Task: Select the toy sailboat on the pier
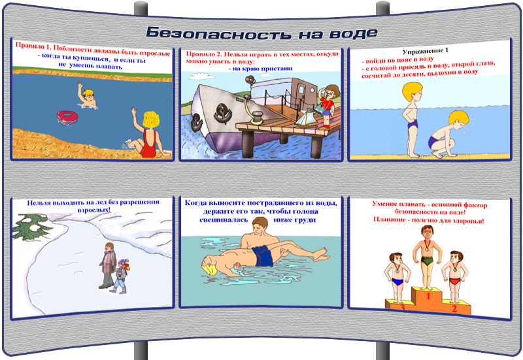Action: pyautogui.click(x=307, y=118)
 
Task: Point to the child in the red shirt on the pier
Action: pyautogui.click(x=328, y=106)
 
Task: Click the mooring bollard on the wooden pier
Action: pyautogui.click(x=257, y=118)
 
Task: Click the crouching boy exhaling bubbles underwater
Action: pyautogui.click(x=448, y=135)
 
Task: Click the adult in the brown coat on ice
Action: pyautogui.click(x=108, y=266)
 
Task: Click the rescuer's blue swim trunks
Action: pyautogui.click(x=263, y=255)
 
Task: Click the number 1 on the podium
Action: pyautogui.click(x=428, y=295)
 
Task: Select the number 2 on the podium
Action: pyautogui.click(x=454, y=308)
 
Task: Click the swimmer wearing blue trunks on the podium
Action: pyautogui.click(x=397, y=277)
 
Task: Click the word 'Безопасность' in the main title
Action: pyautogui.click(x=218, y=33)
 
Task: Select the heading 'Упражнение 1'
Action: pyautogui.click(x=426, y=51)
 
